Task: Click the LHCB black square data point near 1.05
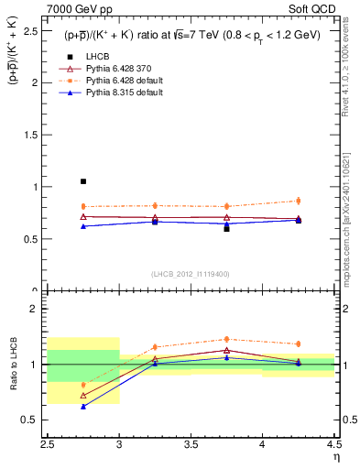[x=83, y=181]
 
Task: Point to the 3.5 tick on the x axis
[x=191, y=444]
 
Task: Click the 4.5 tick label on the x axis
[x=333, y=444]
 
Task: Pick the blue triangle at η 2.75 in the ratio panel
[x=83, y=406]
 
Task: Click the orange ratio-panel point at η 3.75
[x=226, y=339]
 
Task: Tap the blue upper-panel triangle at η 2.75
[x=83, y=225]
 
